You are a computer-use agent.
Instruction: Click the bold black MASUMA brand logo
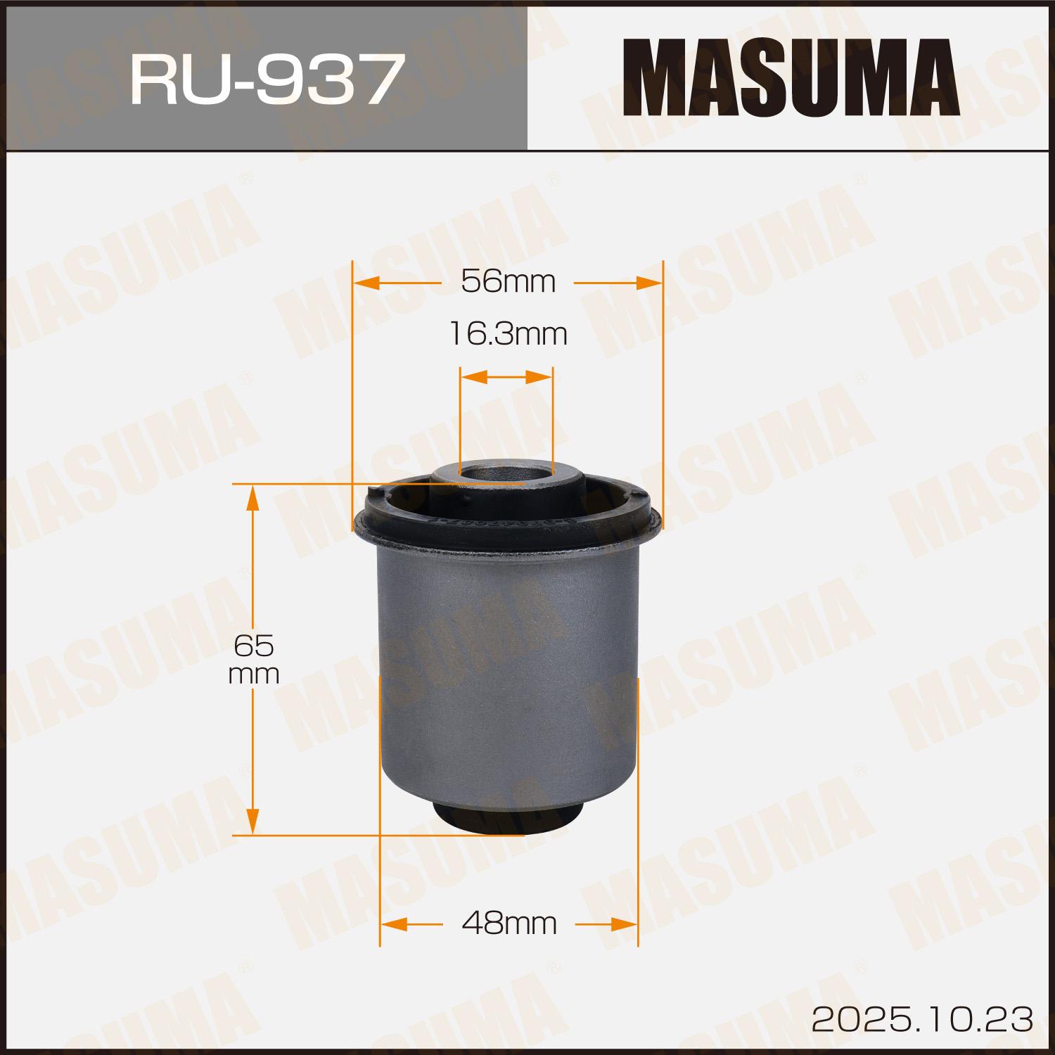tap(791, 77)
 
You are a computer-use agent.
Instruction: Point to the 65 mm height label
tap(254, 659)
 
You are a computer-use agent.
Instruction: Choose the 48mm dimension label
tap(509, 923)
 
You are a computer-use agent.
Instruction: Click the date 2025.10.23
tap(922, 1019)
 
